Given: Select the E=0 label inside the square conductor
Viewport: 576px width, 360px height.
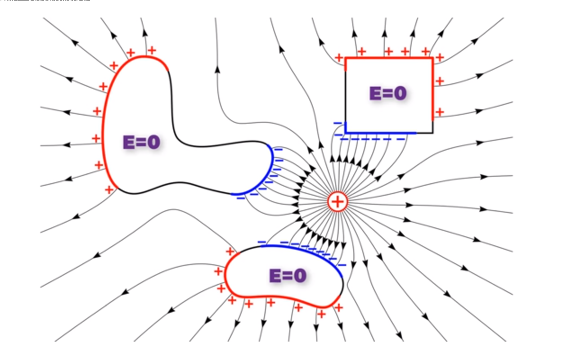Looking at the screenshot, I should (388, 93).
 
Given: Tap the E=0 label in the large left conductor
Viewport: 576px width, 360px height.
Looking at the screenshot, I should (141, 142).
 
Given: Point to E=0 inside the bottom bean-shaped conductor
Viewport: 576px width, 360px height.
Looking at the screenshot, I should (288, 275).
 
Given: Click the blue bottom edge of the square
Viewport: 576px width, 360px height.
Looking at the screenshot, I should (380, 133).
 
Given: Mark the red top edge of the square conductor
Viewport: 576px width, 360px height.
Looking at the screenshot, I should (389, 58).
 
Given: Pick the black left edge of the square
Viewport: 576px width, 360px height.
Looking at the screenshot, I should (345, 97).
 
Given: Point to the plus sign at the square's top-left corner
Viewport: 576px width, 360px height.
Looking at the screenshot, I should (339, 58).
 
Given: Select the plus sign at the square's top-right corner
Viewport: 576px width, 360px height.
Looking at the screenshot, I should (440, 57).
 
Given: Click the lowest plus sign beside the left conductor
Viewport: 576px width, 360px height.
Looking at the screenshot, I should (108, 189).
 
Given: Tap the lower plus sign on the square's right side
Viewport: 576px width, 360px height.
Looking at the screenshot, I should (440, 112).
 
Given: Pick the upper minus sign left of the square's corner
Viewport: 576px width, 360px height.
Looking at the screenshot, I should (337, 123).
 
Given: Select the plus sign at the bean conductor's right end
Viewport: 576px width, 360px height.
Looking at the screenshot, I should (338, 308).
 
